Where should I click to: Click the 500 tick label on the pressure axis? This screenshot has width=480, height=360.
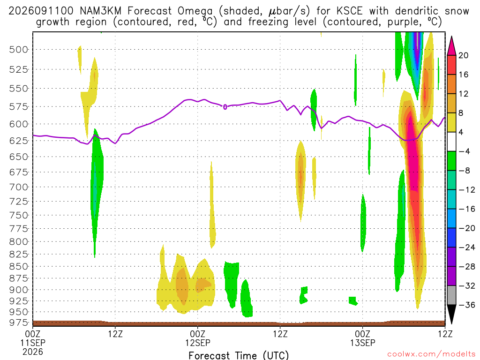(18, 50)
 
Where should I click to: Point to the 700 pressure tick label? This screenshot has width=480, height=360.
(18, 187)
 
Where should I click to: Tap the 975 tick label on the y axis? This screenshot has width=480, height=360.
(18, 322)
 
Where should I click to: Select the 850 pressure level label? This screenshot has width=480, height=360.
(18, 266)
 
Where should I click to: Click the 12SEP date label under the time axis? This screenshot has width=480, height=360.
(198, 343)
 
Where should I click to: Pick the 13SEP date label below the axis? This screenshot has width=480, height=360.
(363, 343)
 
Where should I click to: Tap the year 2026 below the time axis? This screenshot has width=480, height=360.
(33, 352)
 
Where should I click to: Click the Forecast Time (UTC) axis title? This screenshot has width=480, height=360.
(239, 355)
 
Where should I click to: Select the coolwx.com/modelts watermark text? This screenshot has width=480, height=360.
(431, 354)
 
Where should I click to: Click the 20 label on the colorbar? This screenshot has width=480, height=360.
(464, 55)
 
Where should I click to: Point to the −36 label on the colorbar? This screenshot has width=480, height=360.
(467, 305)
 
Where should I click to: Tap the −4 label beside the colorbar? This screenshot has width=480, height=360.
(464, 151)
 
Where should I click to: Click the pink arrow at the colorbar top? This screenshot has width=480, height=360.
(451, 46)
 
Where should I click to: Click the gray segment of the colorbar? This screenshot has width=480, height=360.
(451, 295)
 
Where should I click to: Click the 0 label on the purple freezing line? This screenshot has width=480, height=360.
(225, 107)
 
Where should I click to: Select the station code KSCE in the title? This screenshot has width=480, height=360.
(349, 11)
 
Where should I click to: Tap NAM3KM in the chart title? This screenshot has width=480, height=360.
(100, 11)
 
